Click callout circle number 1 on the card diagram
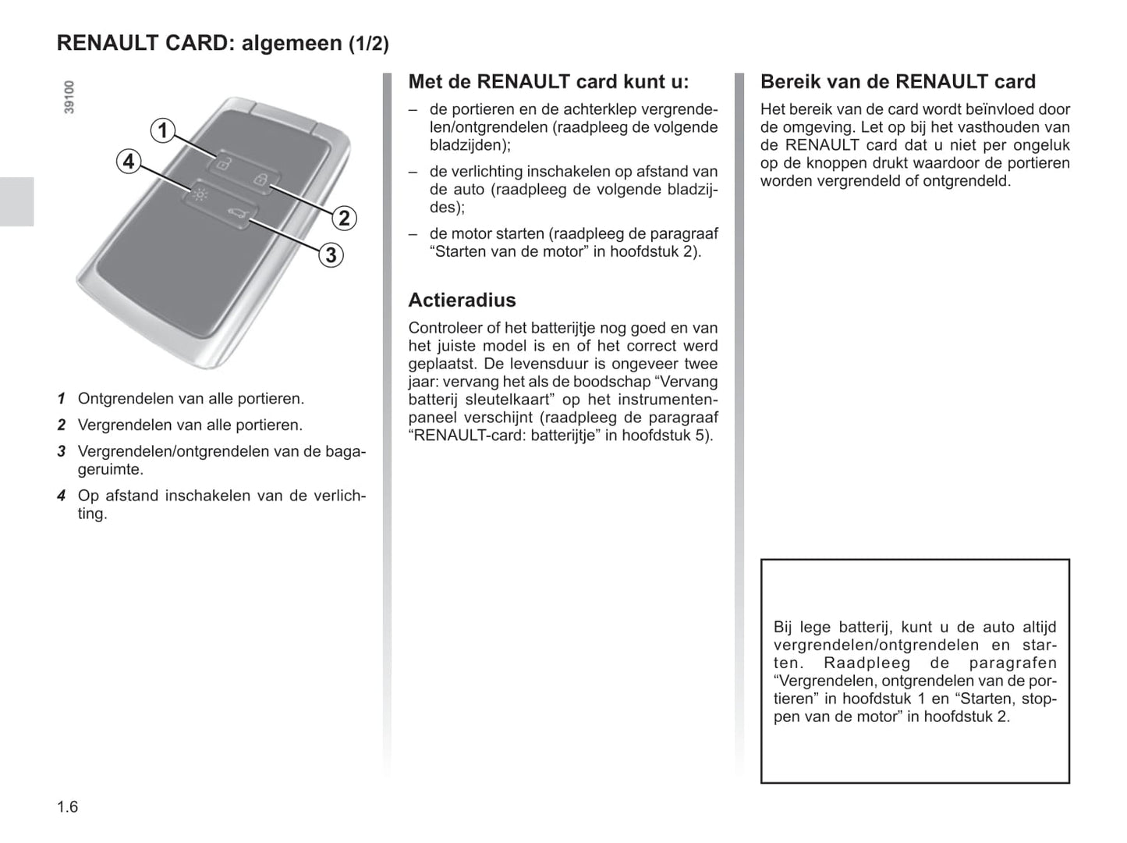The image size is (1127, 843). click(x=162, y=130)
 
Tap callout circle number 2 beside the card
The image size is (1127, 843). click(x=344, y=218)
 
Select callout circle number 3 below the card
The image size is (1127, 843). click(x=331, y=254)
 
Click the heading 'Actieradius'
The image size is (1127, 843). click(x=462, y=301)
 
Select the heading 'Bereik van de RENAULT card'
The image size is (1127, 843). click(x=898, y=82)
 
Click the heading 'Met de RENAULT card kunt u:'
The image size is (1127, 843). click(x=548, y=82)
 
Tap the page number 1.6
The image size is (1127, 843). click(x=68, y=807)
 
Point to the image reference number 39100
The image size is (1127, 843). click(x=69, y=97)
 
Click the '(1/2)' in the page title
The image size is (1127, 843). click(x=368, y=44)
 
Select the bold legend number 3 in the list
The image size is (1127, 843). click(x=61, y=452)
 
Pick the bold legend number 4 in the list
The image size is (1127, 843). click(x=61, y=496)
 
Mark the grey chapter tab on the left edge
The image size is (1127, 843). click(x=16, y=201)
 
